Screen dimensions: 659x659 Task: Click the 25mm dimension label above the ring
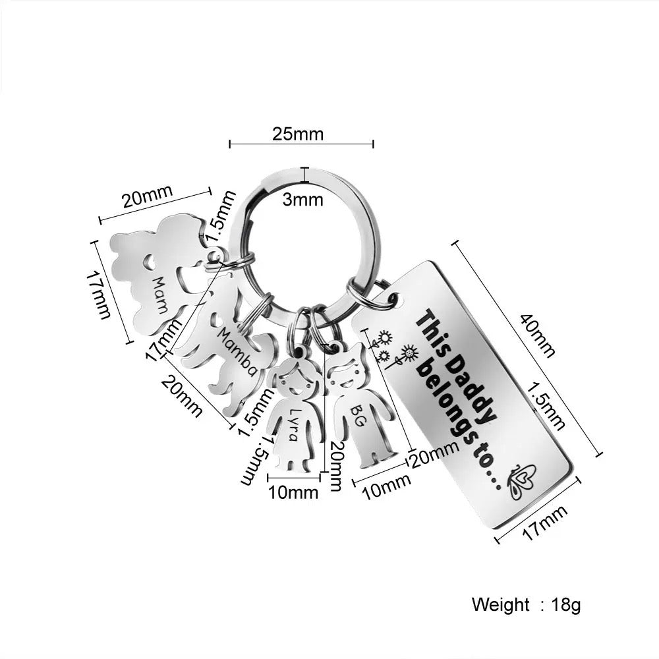pyautogui.click(x=298, y=134)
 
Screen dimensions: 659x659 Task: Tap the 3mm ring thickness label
pyautogui.click(x=302, y=199)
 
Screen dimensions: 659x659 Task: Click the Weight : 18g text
pyautogui.click(x=526, y=605)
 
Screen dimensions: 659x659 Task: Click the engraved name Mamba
pyautogui.click(x=237, y=352)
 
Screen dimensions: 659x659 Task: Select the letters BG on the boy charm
pyautogui.click(x=357, y=415)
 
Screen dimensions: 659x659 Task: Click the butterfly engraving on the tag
pyautogui.click(x=521, y=480)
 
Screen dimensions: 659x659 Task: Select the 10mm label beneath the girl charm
pyautogui.click(x=293, y=492)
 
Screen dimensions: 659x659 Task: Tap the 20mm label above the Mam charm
pyautogui.click(x=148, y=196)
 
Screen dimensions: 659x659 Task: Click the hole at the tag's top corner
pyautogui.click(x=391, y=299)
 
